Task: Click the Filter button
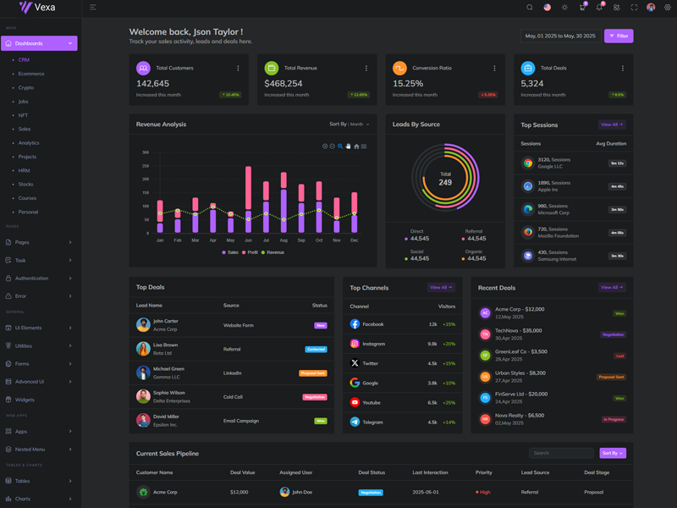(619, 36)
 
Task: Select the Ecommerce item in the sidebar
(31, 74)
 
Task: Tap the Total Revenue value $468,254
(283, 84)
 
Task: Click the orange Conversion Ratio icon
(399, 68)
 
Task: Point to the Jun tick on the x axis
(248, 240)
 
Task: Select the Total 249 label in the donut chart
(445, 179)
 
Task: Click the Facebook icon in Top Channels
(355, 324)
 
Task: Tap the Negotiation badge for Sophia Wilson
(315, 397)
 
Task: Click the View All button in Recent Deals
(611, 288)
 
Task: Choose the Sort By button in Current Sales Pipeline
(613, 453)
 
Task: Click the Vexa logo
(37, 8)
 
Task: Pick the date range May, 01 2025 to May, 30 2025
(560, 36)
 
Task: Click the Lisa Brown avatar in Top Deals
(143, 349)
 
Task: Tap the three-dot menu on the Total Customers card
(238, 69)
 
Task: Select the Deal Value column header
(242, 472)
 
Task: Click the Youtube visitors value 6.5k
(432, 403)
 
